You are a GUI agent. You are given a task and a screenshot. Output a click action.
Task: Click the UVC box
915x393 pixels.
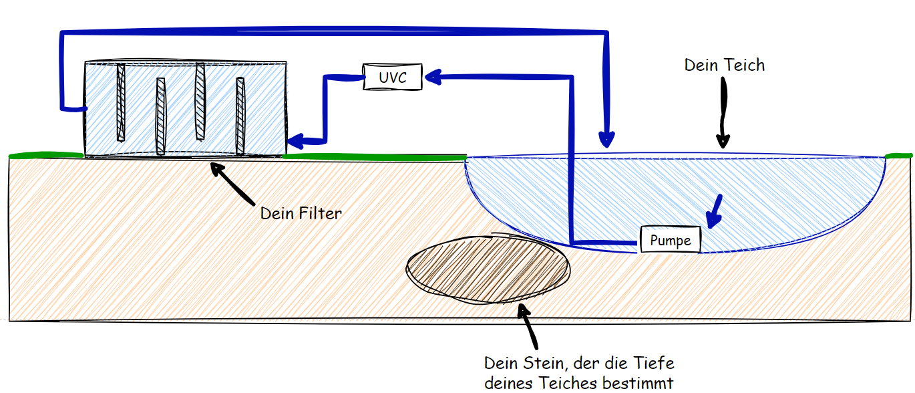[393, 78]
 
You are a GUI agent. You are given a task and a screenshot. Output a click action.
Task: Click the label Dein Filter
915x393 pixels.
[301, 214]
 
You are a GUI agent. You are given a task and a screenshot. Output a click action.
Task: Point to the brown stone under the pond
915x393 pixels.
[488, 269]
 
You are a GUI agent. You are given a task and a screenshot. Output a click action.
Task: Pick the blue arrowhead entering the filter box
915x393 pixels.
[294, 141]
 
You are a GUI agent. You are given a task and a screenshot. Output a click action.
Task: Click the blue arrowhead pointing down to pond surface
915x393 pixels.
[606, 138]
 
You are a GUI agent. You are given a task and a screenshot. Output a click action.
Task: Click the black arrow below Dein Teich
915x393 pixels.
[723, 114]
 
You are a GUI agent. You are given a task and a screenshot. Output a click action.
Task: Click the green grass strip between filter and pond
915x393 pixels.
[374, 157]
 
